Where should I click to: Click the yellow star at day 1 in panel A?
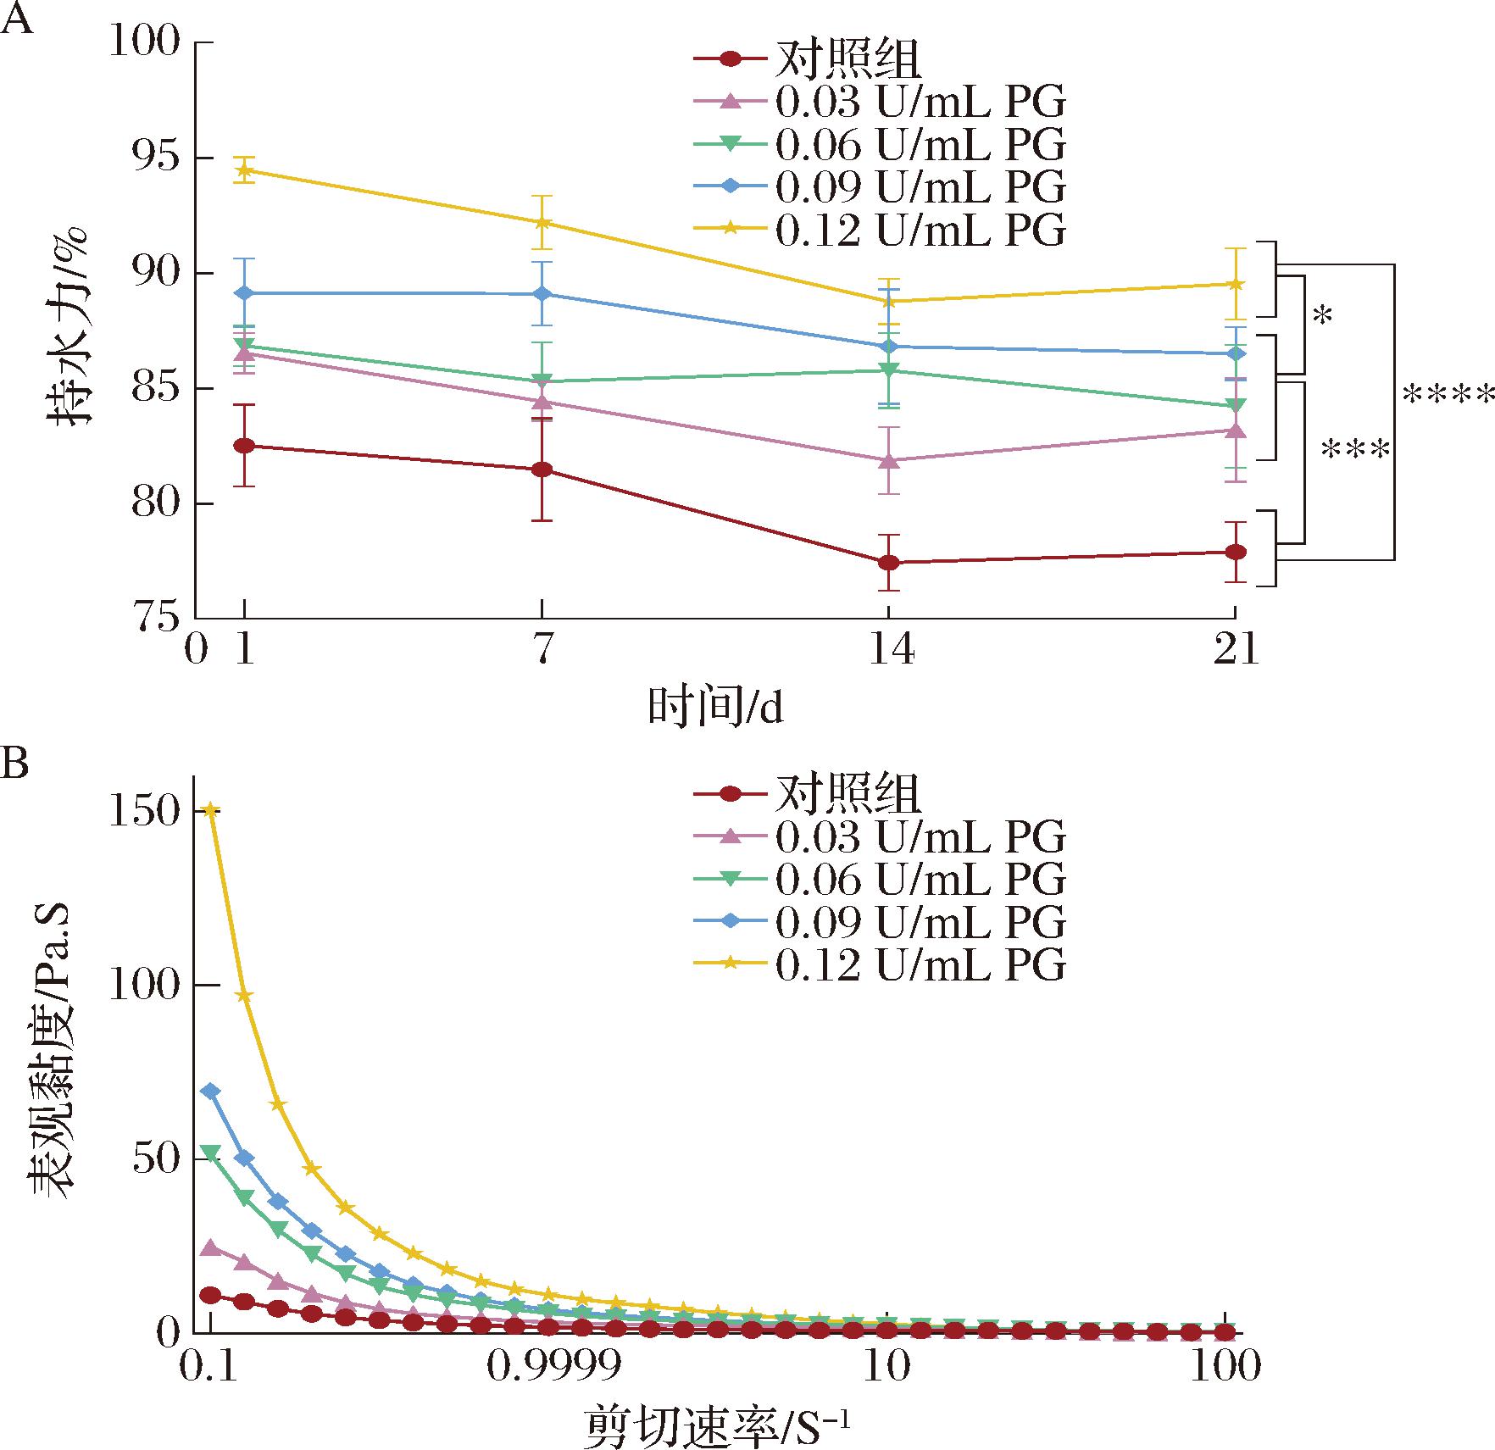(244, 170)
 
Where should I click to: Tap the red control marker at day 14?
(888, 562)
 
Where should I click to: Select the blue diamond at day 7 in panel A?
(542, 294)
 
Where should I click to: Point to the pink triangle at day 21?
(1236, 430)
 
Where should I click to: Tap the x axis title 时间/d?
(716, 708)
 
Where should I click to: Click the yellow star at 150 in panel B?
(211, 811)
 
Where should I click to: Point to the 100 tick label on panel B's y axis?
(146, 986)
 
